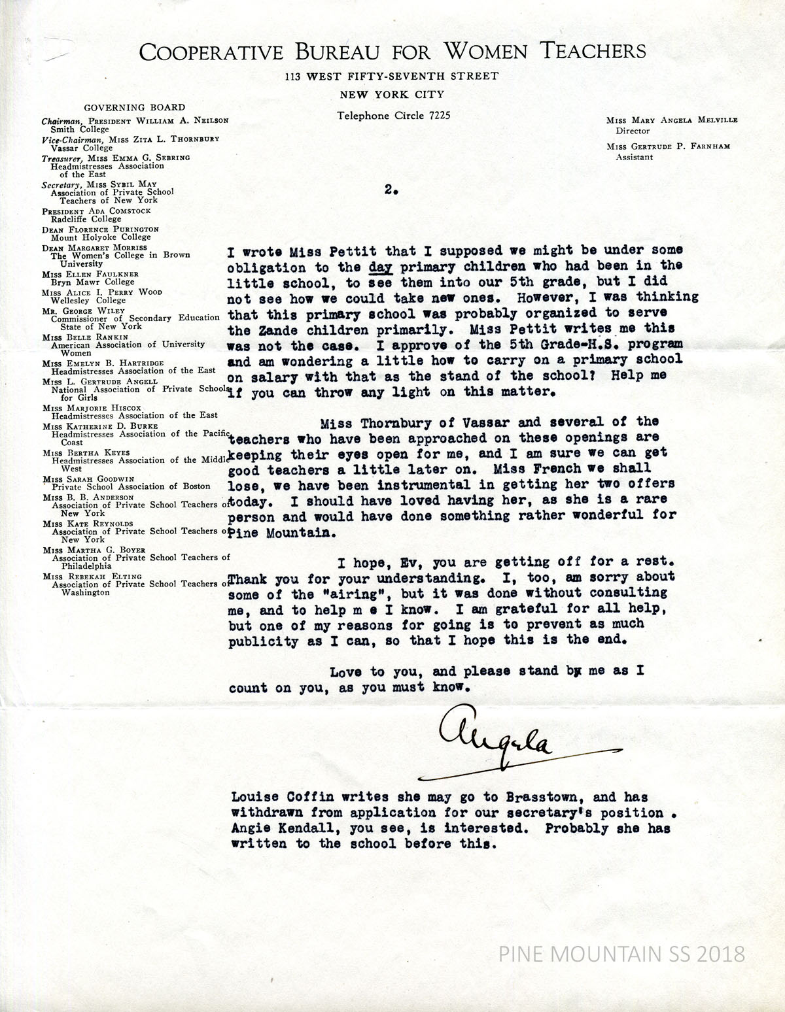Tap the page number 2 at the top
[391, 190]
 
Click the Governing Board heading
[134, 107]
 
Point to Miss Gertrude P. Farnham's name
[670, 146]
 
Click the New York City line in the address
[392, 95]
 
